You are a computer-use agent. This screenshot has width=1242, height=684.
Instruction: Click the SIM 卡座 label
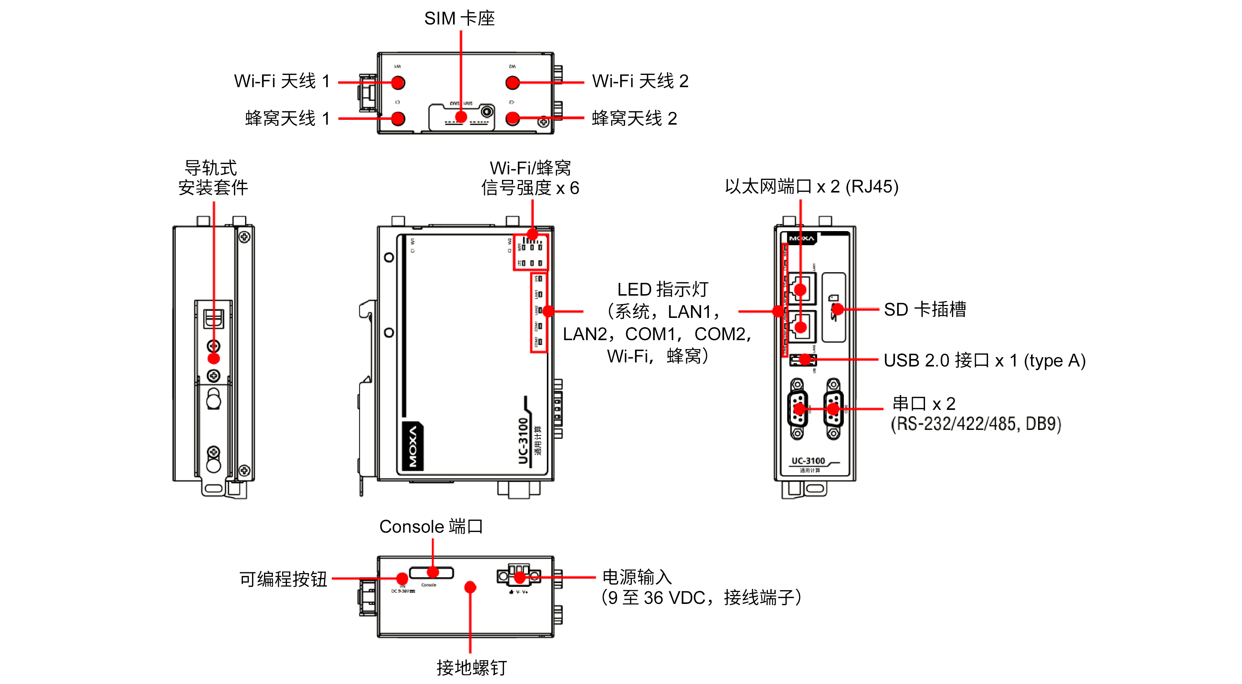tap(459, 18)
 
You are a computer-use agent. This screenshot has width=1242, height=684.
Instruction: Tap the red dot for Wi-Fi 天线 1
tap(398, 82)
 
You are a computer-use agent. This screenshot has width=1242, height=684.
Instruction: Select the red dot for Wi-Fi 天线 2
tap(512, 82)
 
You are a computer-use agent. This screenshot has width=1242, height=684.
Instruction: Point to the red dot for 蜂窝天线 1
tap(398, 118)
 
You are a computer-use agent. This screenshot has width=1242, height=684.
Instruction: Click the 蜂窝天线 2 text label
tap(634, 118)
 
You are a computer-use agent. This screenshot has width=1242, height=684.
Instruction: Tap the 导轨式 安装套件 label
tap(213, 178)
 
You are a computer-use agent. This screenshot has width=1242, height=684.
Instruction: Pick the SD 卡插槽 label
tap(924, 309)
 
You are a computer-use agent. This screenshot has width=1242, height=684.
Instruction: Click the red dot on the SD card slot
tap(838, 309)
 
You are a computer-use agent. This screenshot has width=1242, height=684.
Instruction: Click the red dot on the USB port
tap(805, 359)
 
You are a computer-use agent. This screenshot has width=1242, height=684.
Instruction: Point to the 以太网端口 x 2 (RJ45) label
tap(812, 186)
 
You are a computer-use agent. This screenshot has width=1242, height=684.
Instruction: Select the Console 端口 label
tap(430, 526)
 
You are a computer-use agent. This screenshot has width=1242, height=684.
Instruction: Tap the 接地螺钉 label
tap(471, 668)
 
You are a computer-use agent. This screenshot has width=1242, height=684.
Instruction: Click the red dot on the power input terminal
tap(520, 577)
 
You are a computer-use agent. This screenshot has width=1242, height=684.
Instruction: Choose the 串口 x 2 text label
tap(923, 403)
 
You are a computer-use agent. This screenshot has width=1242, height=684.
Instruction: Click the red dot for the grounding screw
tap(470, 587)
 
